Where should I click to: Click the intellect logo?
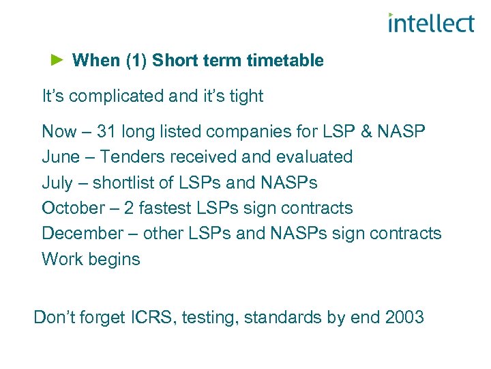coord(430,23)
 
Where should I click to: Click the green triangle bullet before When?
coord(57,60)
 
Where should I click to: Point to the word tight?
coord(245,96)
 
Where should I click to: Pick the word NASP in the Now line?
coord(400,131)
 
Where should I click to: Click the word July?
coord(57,182)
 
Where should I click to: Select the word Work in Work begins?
coord(60,259)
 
